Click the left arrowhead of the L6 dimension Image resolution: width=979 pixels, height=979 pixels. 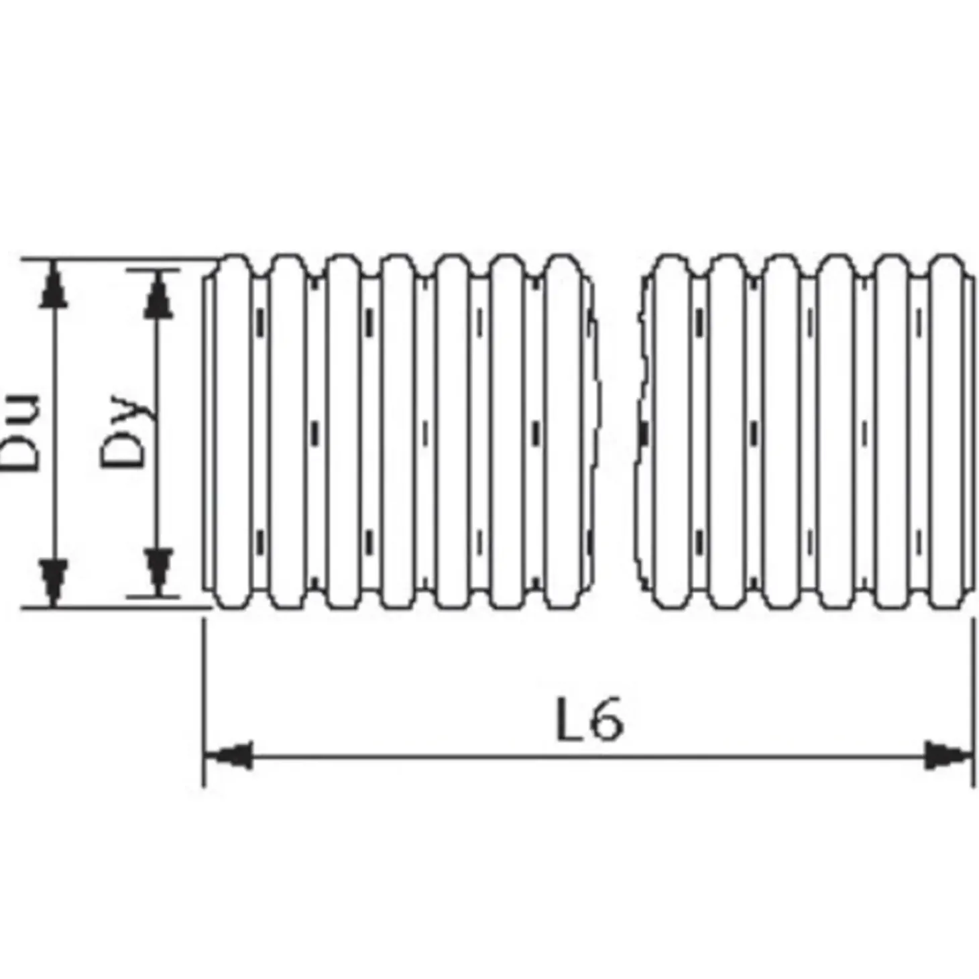click(x=229, y=756)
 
